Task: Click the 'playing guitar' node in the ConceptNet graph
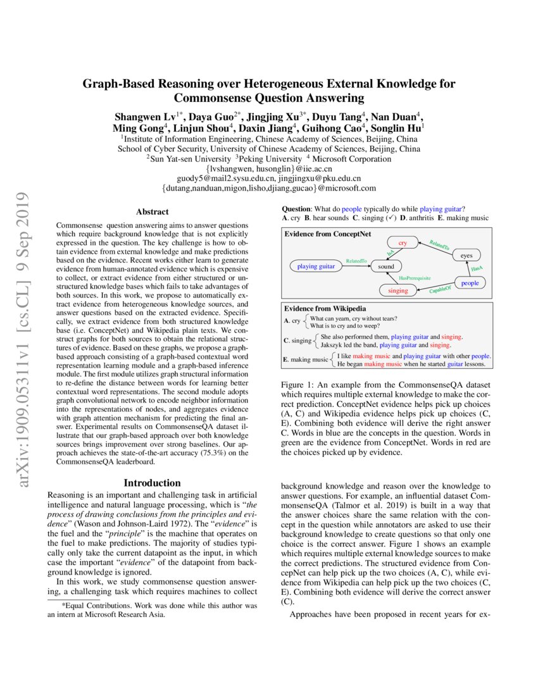(316, 266)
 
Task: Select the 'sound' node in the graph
(386, 267)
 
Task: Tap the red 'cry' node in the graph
(403, 243)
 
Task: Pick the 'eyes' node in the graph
(466, 255)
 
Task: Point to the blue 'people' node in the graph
(470, 283)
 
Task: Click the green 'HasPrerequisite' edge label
(415, 278)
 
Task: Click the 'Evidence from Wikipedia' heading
(324, 308)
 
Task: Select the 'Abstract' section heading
(152, 212)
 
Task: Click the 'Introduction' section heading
(152, 483)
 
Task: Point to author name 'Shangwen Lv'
(146, 117)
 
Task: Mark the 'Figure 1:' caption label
(297, 385)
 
